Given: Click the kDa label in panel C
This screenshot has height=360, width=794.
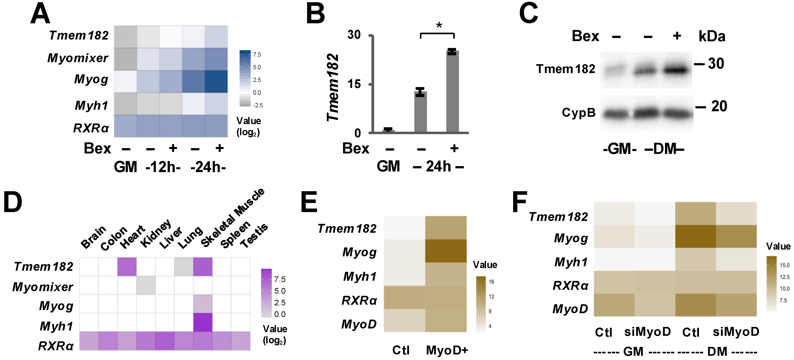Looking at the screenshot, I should click(711, 36).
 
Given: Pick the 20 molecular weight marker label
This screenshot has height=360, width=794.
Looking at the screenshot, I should click(719, 106).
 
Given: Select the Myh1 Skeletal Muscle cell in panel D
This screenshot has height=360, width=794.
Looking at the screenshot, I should click(202, 322).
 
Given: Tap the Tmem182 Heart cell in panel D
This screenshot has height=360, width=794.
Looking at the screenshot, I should click(127, 267).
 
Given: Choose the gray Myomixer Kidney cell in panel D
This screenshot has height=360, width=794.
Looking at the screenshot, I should click(146, 285).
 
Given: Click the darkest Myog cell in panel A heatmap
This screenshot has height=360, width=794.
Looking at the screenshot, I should click(216, 81).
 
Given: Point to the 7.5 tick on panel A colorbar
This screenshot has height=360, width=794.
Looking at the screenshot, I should click(257, 55).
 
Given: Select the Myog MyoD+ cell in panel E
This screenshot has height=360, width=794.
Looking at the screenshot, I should click(446, 251).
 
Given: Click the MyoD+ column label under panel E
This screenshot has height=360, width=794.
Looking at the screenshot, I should click(447, 350).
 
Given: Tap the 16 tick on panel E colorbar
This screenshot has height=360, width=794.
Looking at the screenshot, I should click(491, 281).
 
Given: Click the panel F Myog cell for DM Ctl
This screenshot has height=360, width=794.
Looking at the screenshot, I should click(695, 236).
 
